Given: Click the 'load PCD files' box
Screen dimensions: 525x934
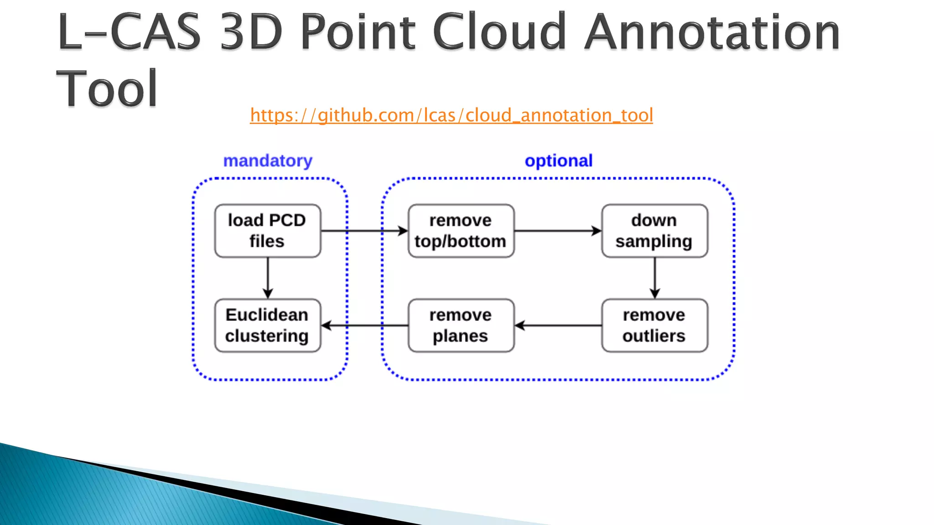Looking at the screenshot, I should point(268,231).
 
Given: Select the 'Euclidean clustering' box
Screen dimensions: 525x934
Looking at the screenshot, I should point(268,325).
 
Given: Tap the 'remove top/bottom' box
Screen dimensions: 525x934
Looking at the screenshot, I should point(461,231).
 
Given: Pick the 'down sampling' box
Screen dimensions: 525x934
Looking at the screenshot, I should point(654,231).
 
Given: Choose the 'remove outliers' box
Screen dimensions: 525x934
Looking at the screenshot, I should point(654,325).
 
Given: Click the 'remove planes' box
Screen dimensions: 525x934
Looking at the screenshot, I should point(461,325).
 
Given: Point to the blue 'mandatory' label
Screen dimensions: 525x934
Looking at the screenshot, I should point(268,161).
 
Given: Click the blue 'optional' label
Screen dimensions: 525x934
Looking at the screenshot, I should point(558,161).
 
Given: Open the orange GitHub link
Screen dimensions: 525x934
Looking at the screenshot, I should point(451,115).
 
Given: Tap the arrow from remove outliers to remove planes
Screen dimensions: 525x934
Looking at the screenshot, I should point(558,325).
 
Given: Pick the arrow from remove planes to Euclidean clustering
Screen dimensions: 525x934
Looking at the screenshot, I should point(365,325).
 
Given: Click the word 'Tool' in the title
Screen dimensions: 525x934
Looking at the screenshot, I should point(107,89).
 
